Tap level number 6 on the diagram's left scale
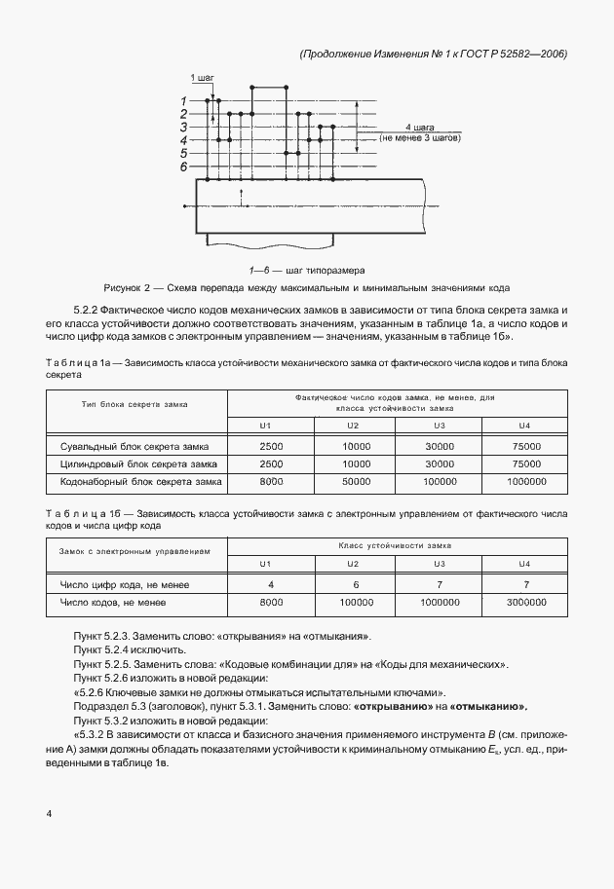coord(183,167)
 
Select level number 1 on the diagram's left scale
coord(183,100)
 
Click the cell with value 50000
coord(357,481)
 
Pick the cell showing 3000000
coord(525,603)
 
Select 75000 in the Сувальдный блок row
coord(525,445)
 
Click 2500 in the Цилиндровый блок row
coord(271,463)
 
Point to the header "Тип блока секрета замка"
coord(135,402)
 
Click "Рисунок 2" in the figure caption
coord(126,288)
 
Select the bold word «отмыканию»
coord(491,706)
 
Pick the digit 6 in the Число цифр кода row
coord(357,584)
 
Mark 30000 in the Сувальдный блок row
coord(441,445)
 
